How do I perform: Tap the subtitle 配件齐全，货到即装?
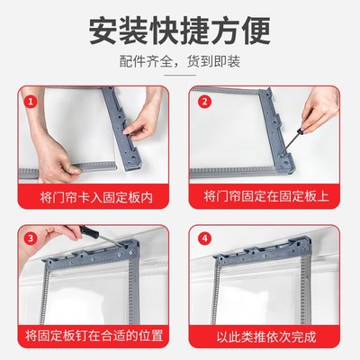pyautogui.click(x=180, y=64)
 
